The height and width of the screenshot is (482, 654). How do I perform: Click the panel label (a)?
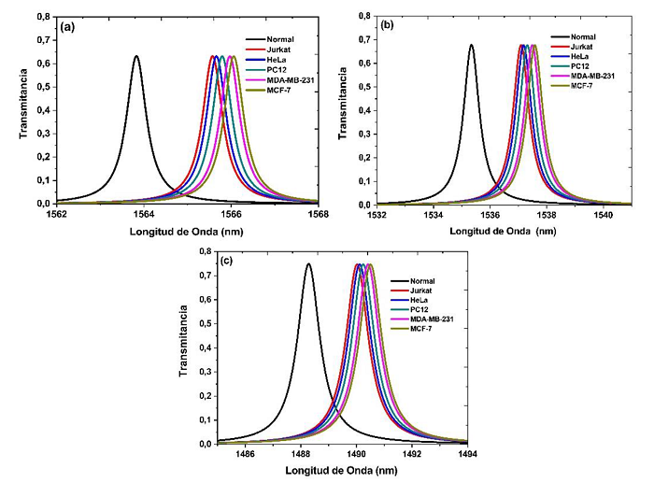click(67, 27)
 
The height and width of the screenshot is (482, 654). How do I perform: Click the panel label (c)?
click(225, 260)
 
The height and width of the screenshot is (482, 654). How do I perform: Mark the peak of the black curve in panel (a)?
click(136, 56)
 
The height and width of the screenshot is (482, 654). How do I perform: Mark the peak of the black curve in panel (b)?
click(471, 45)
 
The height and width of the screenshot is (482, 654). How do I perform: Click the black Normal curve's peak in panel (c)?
click(308, 264)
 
